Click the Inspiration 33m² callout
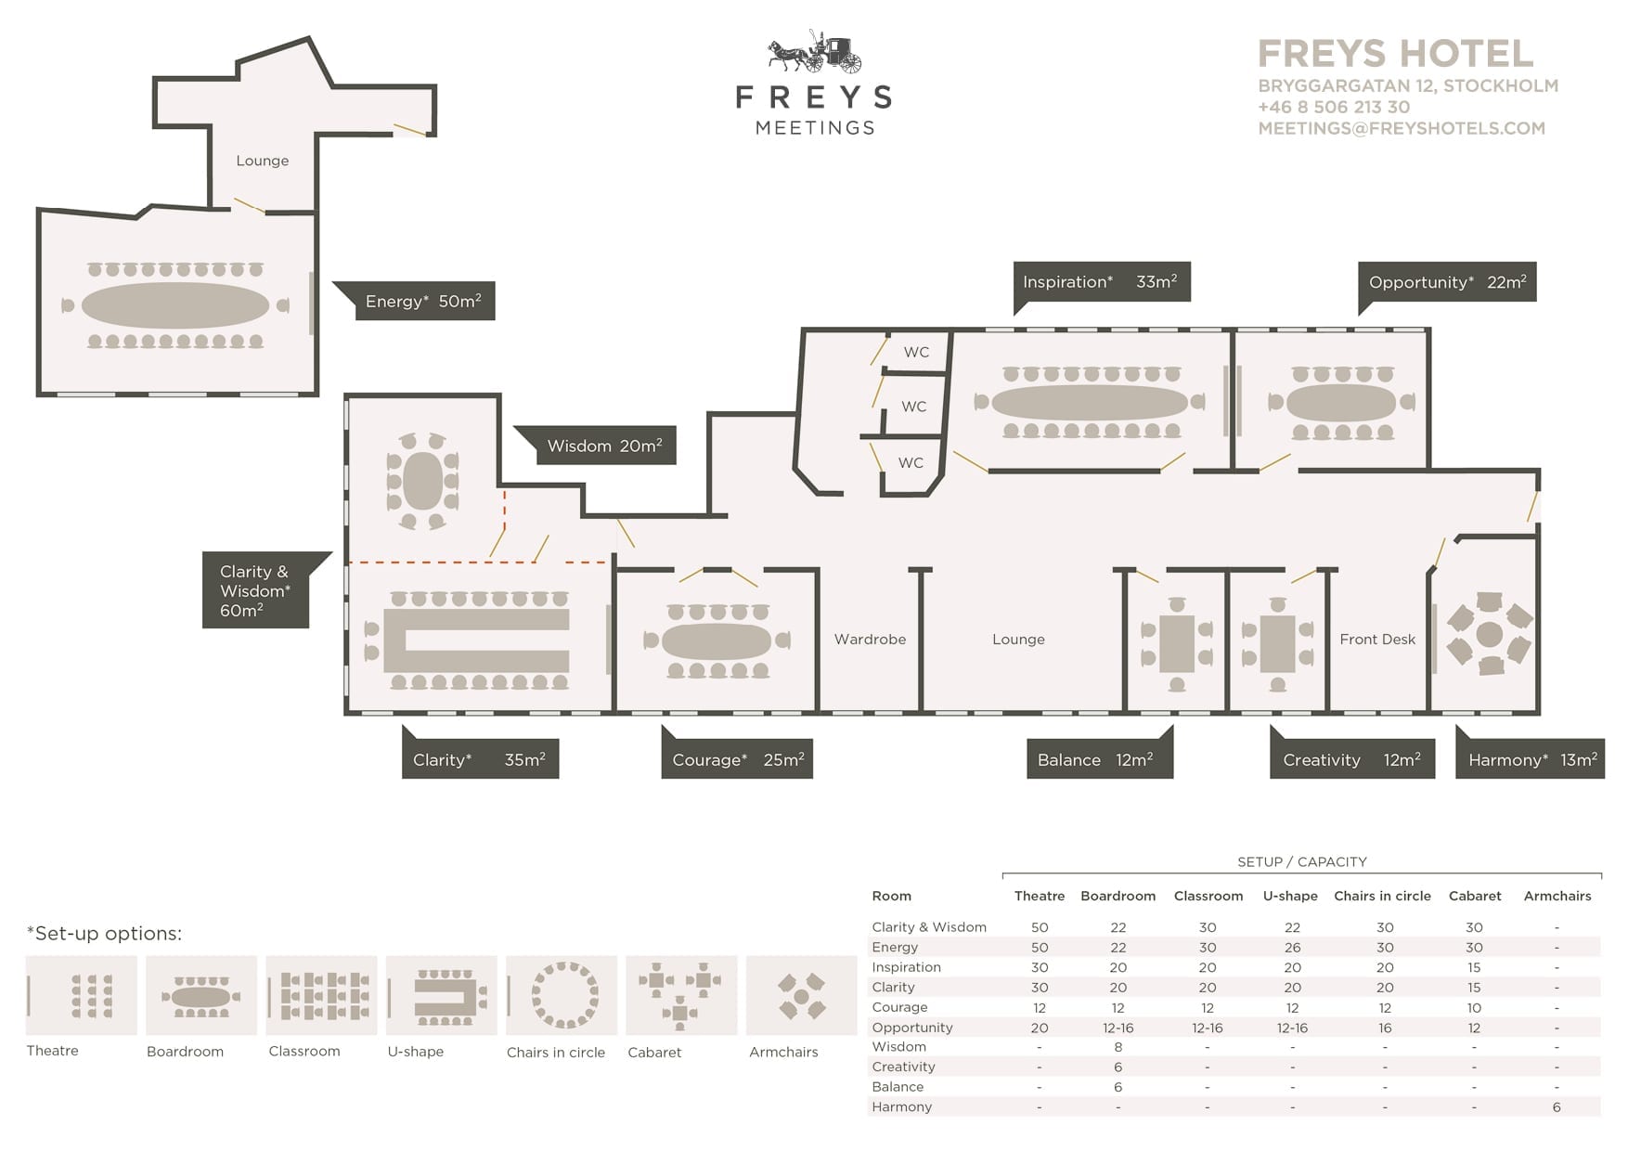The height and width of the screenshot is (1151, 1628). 1102,282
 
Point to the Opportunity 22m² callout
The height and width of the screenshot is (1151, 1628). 1447,282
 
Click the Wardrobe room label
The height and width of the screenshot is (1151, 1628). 870,639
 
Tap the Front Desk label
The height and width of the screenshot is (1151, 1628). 1377,639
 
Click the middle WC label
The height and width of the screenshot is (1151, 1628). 914,407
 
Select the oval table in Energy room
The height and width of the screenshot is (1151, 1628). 175,305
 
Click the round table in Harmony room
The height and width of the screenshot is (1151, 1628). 1489,635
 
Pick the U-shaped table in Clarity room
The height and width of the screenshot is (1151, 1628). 476,640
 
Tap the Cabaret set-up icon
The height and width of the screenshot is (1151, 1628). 681,995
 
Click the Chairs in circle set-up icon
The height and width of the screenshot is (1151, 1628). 562,995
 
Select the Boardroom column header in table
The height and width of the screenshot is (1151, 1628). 1118,896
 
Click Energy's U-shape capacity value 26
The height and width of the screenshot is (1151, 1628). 1292,947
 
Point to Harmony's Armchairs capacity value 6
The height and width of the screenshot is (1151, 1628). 1557,1106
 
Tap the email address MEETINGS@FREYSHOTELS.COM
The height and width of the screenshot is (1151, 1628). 1402,128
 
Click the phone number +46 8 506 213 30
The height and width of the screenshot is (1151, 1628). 1334,107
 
